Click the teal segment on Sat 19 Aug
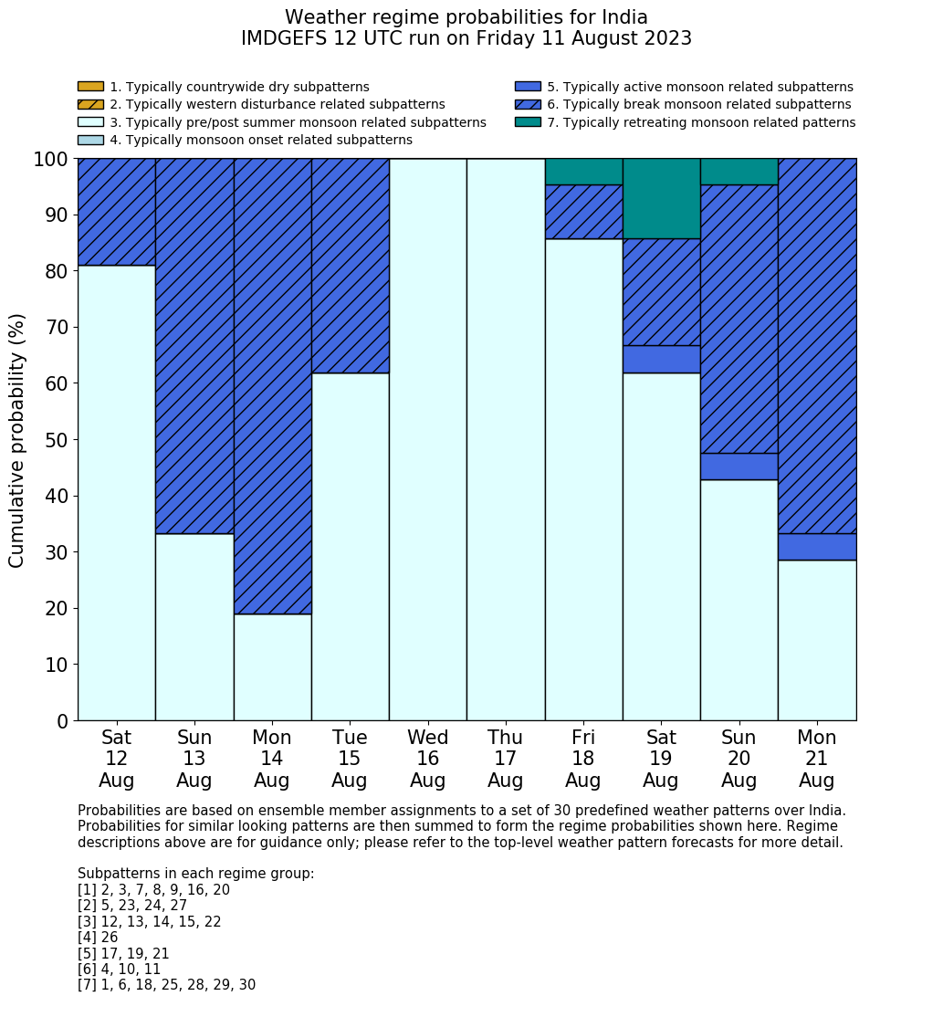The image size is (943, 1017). coord(661,198)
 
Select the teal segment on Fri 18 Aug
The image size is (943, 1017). coord(583,172)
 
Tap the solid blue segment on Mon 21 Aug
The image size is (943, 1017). coord(817,546)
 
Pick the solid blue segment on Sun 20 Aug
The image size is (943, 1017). coord(739,467)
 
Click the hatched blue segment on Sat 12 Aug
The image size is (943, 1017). coord(116,212)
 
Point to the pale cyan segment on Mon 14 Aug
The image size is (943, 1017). coord(272,666)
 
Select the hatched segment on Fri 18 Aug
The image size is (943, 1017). coord(583,212)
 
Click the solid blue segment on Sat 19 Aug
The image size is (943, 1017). coord(661,359)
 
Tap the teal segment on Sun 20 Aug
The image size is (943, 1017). coord(739,172)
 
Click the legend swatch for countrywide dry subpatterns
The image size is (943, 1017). coord(90,87)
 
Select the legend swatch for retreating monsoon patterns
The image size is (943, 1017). coord(528,122)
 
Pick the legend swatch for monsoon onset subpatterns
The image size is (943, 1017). coord(90,140)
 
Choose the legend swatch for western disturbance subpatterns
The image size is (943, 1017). coord(90,104)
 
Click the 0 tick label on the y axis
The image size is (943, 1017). coord(62,721)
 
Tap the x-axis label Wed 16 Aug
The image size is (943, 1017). coord(427,759)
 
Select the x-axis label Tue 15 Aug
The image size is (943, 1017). coord(350,759)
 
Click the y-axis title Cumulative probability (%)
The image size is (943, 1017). coord(17,440)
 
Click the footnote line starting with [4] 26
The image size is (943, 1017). coord(98,938)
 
